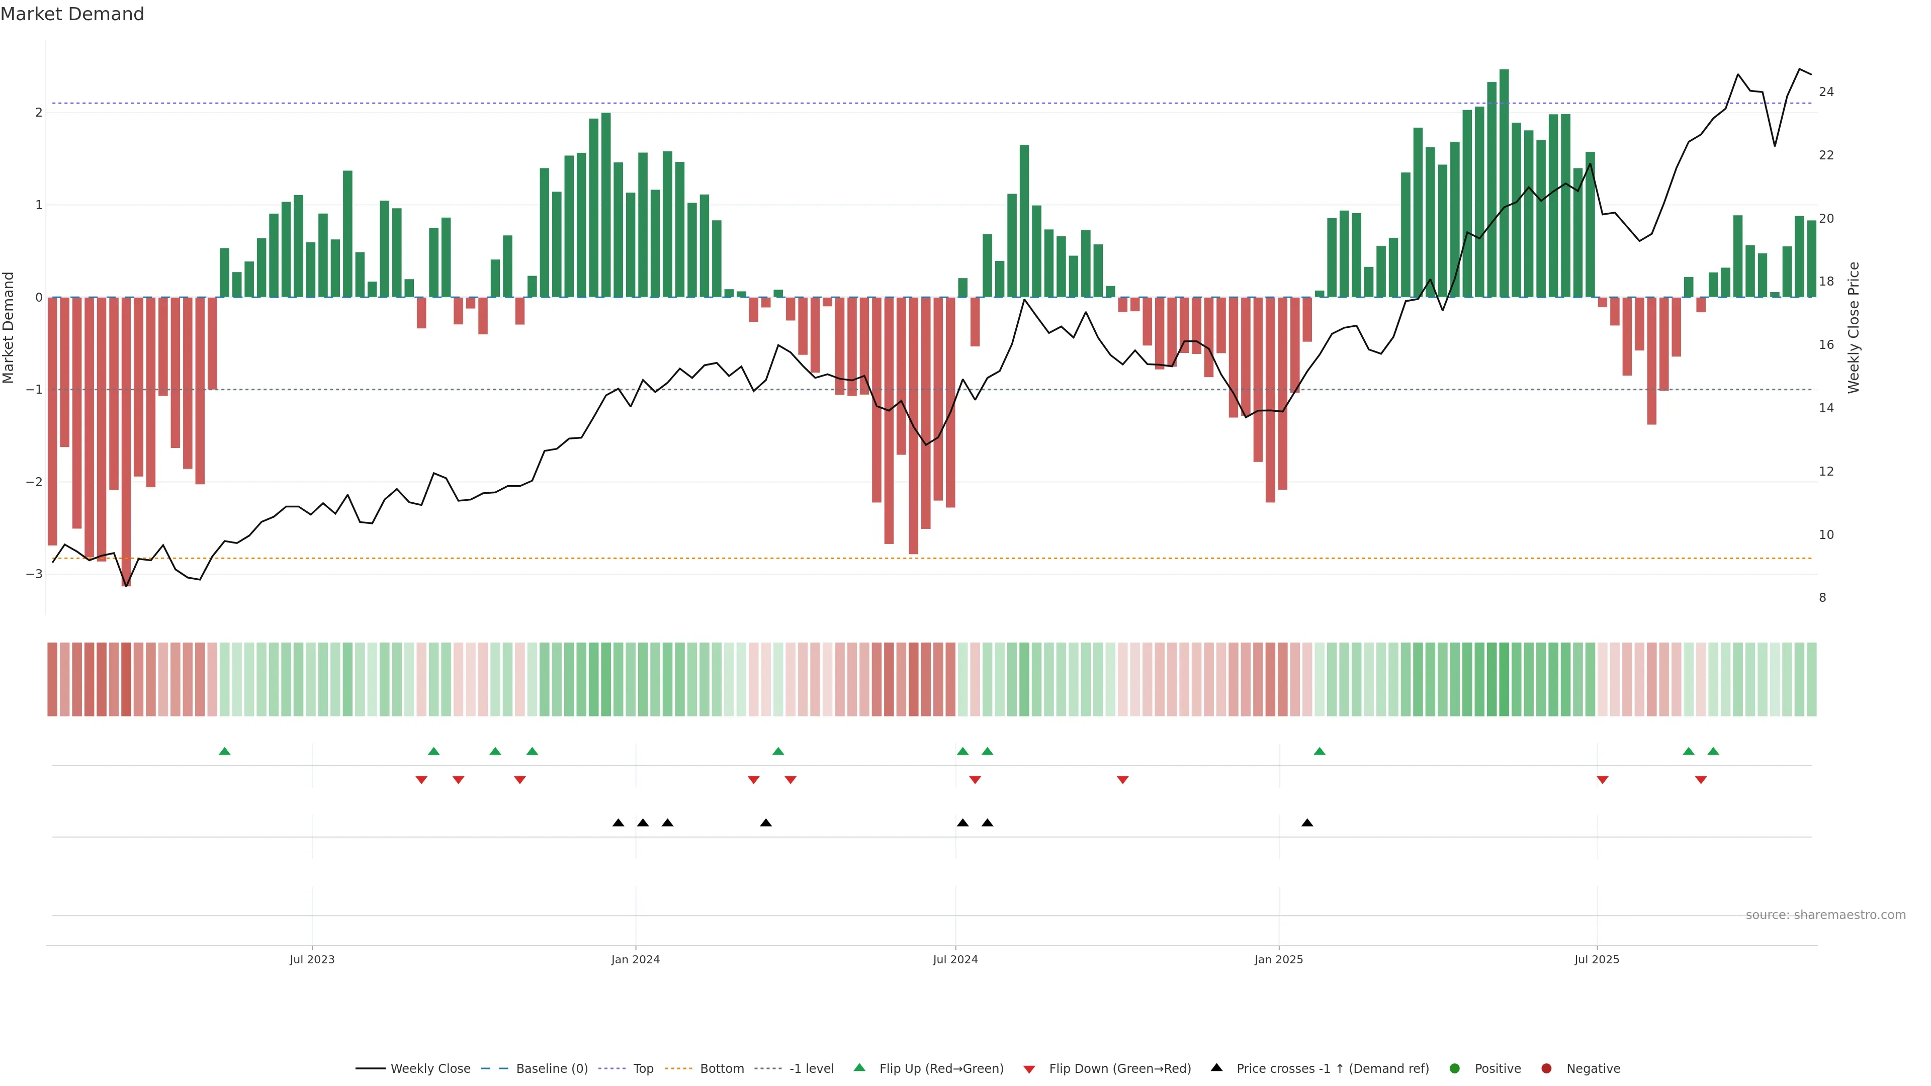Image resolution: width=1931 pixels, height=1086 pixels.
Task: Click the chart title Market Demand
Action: pos(72,14)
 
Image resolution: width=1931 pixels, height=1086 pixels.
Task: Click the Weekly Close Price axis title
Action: pos(1854,327)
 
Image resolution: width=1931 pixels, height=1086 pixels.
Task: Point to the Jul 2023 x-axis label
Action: pos(312,959)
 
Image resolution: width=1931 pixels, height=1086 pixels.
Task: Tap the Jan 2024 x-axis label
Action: pos(635,959)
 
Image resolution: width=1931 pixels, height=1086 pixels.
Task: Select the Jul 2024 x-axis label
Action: pos(955,959)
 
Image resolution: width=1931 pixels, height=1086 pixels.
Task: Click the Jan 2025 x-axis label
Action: pos(1278,959)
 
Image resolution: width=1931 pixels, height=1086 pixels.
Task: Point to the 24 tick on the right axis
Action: pos(1826,92)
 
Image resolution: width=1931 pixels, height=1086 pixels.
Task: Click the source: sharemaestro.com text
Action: pos(1825,915)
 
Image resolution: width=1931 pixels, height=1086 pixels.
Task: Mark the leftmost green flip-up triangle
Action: pos(224,751)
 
